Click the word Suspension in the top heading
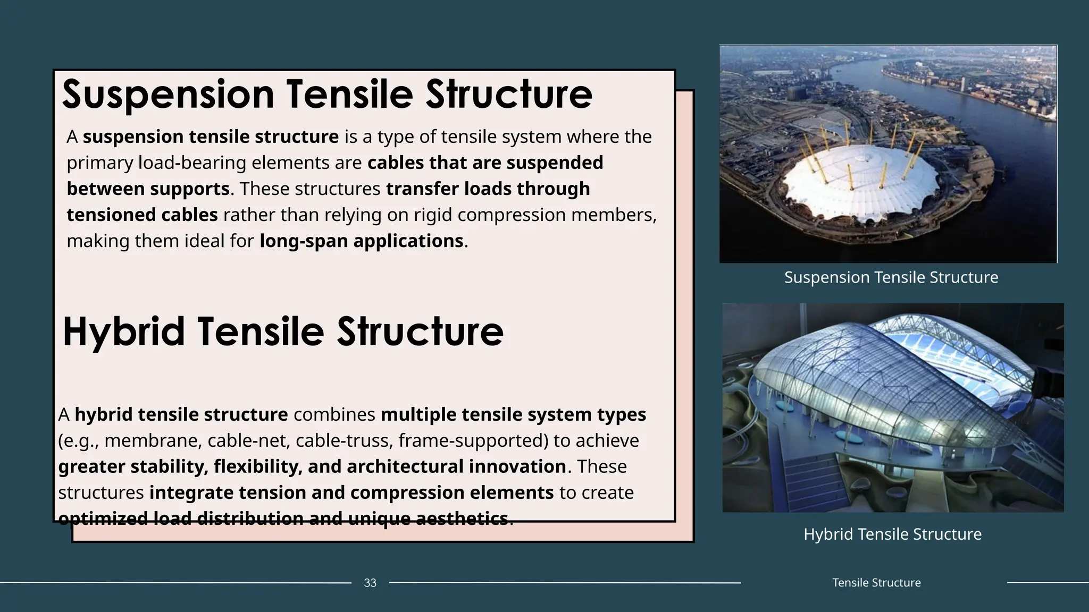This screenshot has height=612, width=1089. pyautogui.click(x=167, y=95)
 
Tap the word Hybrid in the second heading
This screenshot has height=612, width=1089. pyautogui.click(x=123, y=331)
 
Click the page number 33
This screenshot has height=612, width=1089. pyautogui.click(x=370, y=583)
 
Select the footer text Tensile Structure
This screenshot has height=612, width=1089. pyautogui.click(x=876, y=583)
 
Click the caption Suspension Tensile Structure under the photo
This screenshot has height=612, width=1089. pyautogui.click(x=891, y=277)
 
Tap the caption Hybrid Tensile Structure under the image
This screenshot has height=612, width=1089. pyautogui.click(x=892, y=534)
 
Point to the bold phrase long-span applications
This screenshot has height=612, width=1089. pyautogui.click(x=362, y=241)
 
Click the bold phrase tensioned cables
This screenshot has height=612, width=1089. pyautogui.click(x=142, y=215)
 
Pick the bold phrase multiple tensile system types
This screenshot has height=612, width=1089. pyautogui.click(x=513, y=415)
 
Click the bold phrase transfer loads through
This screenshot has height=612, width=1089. pyautogui.click(x=488, y=189)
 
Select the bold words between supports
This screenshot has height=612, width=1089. pyautogui.click(x=148, y=189)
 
